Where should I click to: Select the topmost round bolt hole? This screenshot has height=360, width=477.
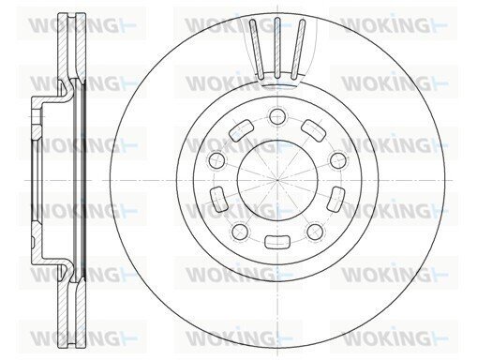(277, 117)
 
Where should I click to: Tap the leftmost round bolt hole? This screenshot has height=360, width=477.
(217, 160)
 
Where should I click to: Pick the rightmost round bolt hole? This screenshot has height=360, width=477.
(338, 160)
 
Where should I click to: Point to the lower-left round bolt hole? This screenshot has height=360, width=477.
(240, 232)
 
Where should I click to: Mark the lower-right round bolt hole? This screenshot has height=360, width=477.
(315, 232)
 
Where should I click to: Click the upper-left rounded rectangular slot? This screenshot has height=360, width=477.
(241, 130)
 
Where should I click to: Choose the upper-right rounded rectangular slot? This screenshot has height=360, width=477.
(314, 130)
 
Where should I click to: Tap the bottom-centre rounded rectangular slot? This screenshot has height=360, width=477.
(277, 242)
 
